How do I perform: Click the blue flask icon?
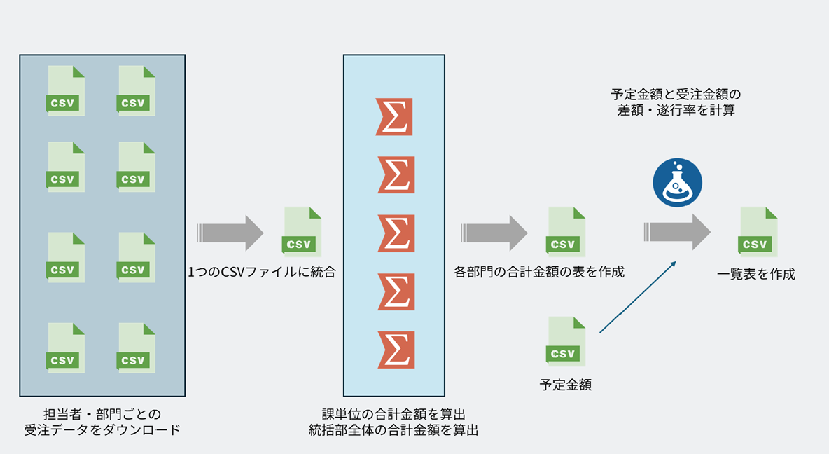677,182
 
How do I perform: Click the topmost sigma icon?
394,116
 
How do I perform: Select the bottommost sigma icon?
394,350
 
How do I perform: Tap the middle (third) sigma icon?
394,233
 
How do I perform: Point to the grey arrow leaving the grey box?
230,232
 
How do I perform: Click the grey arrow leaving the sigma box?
494,232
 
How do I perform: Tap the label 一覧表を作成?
756,274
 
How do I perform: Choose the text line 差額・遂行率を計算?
676,110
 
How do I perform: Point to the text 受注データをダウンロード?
102,429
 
